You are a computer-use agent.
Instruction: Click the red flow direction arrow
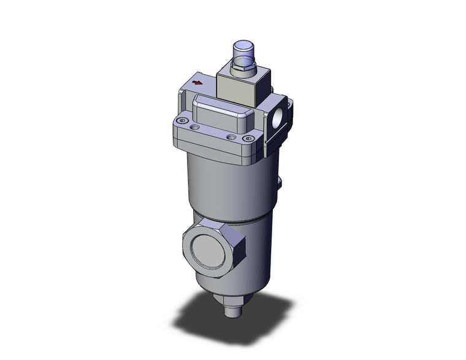[197, 82]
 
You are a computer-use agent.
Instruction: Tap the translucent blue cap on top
[243, 50]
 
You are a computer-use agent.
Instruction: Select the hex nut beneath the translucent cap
[243, 68]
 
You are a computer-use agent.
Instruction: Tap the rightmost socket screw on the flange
[248, 139]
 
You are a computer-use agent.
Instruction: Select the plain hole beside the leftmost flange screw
[195, 127]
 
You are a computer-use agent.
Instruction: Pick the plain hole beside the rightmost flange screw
[231, 136]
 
